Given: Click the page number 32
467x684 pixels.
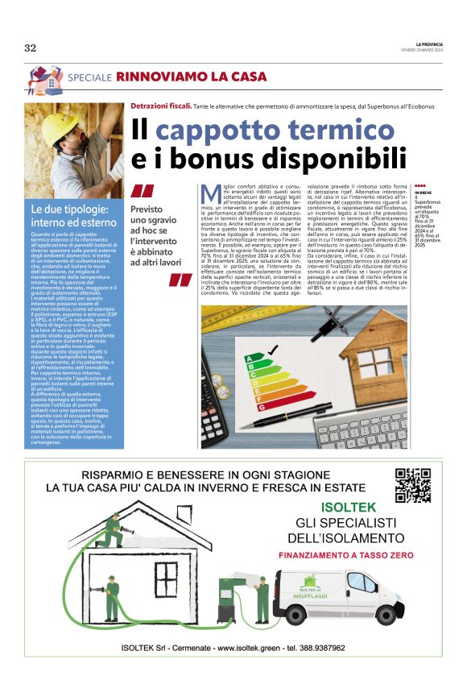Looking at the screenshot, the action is pyautogui.click(x=31, y=48).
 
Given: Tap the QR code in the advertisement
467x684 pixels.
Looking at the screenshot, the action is pyautogui.click(x=413, y=485).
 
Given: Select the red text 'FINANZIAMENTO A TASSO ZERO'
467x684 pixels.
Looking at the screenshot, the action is pyautogui.click(x=346, y=556).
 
